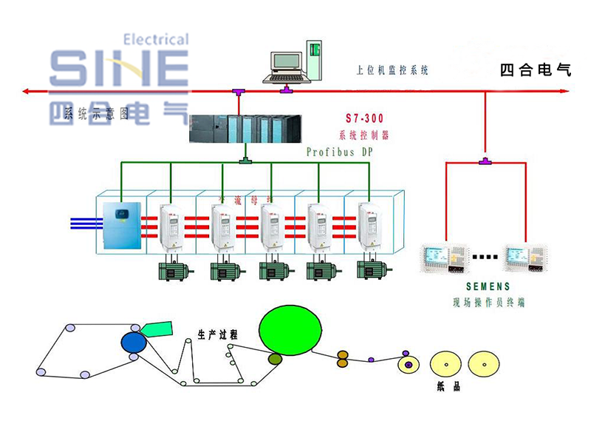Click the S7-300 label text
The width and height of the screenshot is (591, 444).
click(365, 118)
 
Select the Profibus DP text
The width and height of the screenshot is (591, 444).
click(340, 152)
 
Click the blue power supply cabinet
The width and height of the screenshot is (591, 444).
click(123, 226)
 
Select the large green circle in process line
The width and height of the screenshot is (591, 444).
click(290, 329)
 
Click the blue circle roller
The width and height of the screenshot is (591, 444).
click(134, 341)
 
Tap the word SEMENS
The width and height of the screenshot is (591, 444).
click(488, 286)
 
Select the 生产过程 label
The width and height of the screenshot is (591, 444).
click(217, 334)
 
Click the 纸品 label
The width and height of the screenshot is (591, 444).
click(448, 387)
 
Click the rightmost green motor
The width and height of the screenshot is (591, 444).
click(370, 270)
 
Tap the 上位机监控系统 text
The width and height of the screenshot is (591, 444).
click(392, 71)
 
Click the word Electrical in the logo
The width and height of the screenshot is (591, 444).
click(154, 39)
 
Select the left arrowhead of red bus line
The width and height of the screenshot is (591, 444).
click(26, 91)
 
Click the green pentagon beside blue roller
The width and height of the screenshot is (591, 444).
click(157, 329)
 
